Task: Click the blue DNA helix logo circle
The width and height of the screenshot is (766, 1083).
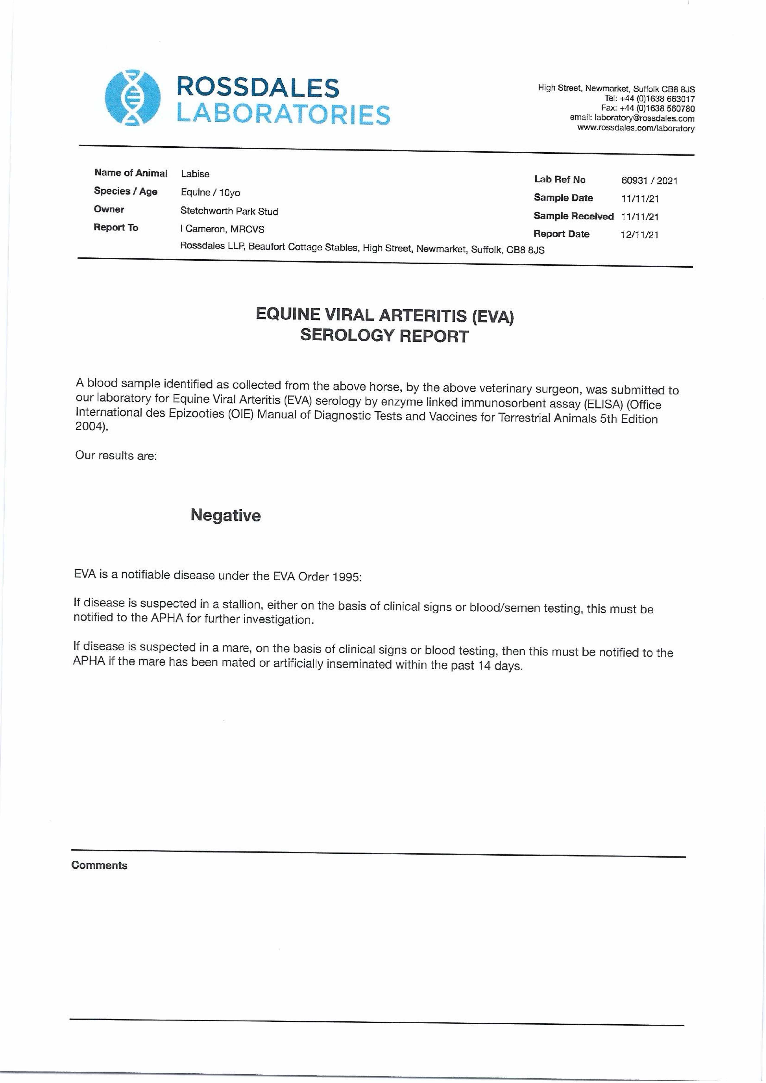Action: pos(132,98)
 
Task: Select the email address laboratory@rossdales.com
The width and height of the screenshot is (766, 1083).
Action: pos(644,118)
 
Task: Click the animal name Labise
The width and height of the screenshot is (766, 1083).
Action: pos(195,174)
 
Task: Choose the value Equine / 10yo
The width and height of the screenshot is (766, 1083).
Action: pos(210,193)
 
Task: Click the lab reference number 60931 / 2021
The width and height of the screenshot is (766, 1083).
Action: pos(649,181)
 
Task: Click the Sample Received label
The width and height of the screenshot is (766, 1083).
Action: pos(573,216)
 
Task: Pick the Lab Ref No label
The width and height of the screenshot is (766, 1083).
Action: pos(560,179)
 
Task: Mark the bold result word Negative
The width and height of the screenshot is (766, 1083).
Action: pos(226,515)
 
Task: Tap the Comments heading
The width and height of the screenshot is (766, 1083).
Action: pos(99,865)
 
